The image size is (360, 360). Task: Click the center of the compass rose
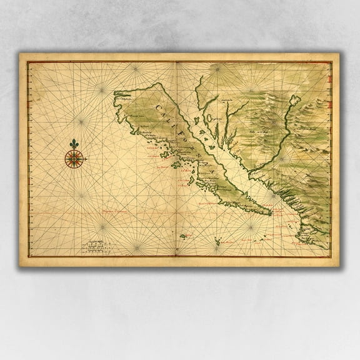click(75, 161)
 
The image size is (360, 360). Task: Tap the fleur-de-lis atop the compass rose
click(75, 144)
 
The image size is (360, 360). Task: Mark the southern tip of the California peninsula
click(271, 214)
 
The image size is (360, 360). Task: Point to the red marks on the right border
click(329, 79)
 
